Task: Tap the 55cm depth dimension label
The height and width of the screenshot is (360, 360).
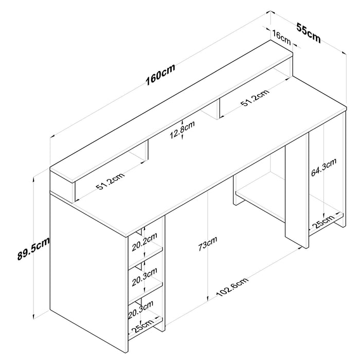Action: (x=309, y=32)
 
